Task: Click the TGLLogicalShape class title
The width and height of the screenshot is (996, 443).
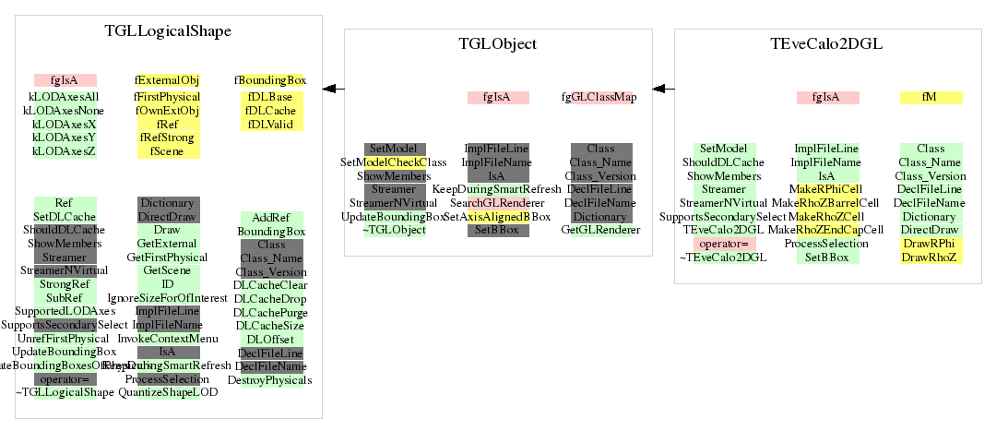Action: point(168,31)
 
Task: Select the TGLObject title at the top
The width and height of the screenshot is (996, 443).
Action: point(498,44)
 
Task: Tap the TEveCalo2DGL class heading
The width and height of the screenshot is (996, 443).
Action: point(825,44)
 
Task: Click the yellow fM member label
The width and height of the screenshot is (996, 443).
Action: point(931,97)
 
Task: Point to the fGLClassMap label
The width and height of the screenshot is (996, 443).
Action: point(599,97)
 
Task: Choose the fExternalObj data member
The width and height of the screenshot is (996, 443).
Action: point(168,80)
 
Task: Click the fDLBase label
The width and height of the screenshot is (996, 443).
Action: point(270,97)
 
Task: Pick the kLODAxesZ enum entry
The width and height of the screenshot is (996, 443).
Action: point(65,150)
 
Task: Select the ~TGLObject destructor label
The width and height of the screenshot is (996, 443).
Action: point(395,230)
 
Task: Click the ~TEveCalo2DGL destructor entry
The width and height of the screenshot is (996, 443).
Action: point(723,257)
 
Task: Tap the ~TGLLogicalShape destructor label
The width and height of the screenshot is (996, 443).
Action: point(65,392)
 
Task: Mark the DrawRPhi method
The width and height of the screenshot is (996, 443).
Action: point(931,244)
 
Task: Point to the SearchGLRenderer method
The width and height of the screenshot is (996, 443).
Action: point(498,202)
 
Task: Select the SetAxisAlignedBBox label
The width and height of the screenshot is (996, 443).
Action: point(498,216)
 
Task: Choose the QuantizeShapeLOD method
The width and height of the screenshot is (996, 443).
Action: point(168,392)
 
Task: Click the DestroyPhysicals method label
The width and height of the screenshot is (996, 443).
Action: point(270,379)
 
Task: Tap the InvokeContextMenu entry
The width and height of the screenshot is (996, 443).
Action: point(168,338)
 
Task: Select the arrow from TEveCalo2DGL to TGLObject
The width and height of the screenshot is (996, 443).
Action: point(663,89)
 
